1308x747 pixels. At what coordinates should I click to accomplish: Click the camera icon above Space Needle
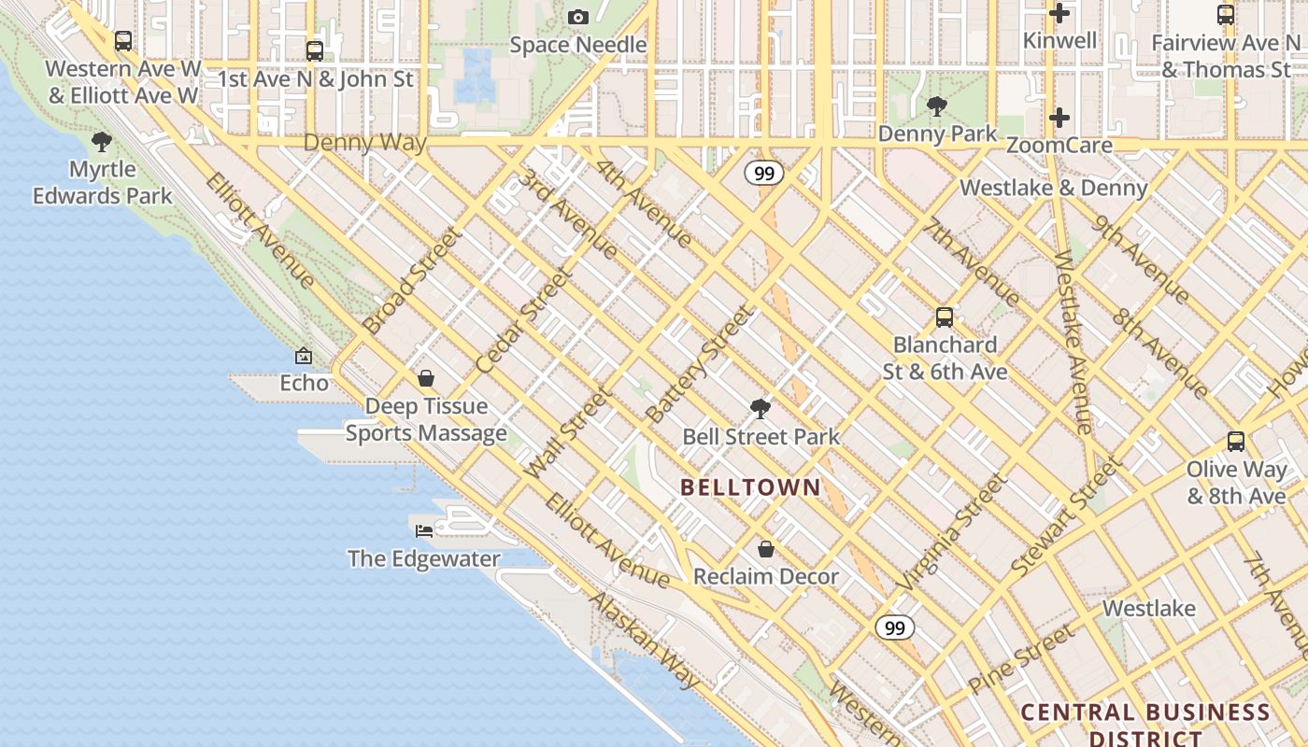(578, 17)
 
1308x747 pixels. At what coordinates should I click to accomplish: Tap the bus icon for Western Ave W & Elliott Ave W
(123, 41)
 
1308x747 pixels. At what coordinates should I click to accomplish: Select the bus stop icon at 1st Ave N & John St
(315, 50)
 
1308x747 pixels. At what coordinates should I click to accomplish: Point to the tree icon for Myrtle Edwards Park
(102, 142)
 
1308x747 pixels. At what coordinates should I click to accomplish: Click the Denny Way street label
(364, 143)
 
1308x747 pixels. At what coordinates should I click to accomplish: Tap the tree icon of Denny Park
(937, 106)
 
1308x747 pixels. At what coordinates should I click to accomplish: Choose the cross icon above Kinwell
(1059, 13)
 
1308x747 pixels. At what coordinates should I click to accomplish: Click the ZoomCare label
(1059, 146)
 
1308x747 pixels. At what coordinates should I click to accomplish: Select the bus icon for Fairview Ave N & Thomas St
(1226, 15)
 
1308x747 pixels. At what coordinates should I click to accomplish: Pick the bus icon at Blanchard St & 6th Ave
(945, 317)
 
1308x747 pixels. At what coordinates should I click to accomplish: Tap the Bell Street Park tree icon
(761, 408)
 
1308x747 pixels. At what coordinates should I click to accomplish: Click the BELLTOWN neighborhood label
(750, 486)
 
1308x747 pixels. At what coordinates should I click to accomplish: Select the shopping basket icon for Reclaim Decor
(766, 549)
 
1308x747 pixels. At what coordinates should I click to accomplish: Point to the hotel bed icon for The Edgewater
(424, 530)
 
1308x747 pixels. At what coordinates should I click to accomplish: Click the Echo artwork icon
(304, 356)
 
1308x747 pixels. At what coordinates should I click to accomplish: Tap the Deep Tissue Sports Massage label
(426, 419)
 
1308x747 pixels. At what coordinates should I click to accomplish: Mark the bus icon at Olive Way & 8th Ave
(1236, 442)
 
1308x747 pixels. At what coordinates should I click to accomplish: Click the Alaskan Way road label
(644, 641)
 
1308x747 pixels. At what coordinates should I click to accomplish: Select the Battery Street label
(699, 364)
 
